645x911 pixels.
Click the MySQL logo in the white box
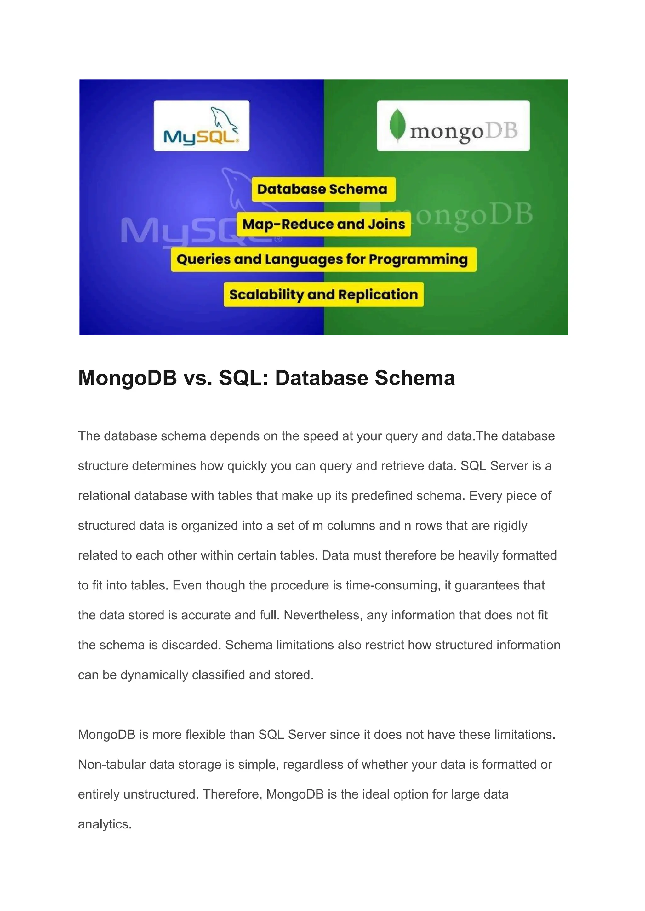pyautogui.click(x=201, y=126)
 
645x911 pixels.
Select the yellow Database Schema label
pyautogui.click(x=323, y=189)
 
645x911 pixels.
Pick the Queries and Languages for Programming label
pyautogui.click(x=323, y=259)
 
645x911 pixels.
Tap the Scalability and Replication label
pyautogui.click(x=323, y=295)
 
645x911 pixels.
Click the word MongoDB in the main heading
pyautogui.click(x=128, y=378)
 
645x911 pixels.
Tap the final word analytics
pyautogui.click(x=105, y=824)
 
